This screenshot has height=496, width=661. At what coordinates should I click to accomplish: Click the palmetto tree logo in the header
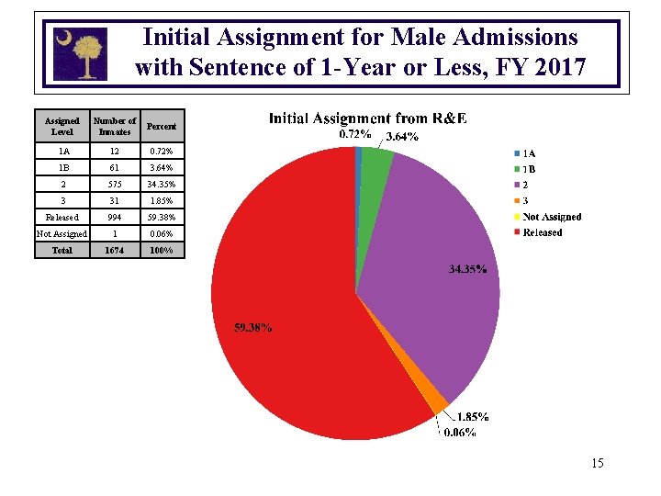point(81,52)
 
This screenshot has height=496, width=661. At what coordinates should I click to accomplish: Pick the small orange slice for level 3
point(438,401)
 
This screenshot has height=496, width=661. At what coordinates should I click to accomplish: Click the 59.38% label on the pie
point(252,327)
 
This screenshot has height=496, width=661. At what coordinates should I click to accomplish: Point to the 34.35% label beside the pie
point(467,270)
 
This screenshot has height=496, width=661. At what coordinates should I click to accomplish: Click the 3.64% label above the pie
point(402,137)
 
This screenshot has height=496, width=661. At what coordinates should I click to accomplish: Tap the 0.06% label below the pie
point(460,433)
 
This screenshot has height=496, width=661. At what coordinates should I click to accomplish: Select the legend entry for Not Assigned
point(551,217)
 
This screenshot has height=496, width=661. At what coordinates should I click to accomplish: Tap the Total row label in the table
point(62,250)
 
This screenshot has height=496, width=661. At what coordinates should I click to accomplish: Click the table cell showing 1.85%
point(162,201)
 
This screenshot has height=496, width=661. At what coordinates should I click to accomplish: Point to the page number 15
point(597,463)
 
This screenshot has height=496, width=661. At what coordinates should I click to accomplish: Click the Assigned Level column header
point(62,126)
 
